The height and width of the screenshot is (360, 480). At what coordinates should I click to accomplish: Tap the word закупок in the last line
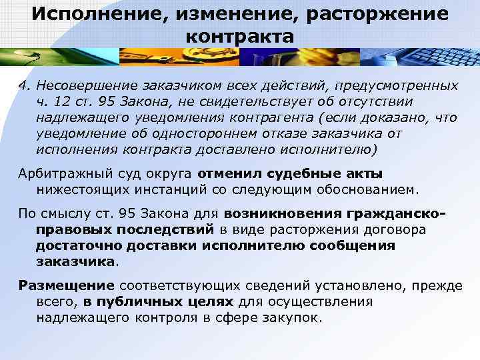coord(297,318)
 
